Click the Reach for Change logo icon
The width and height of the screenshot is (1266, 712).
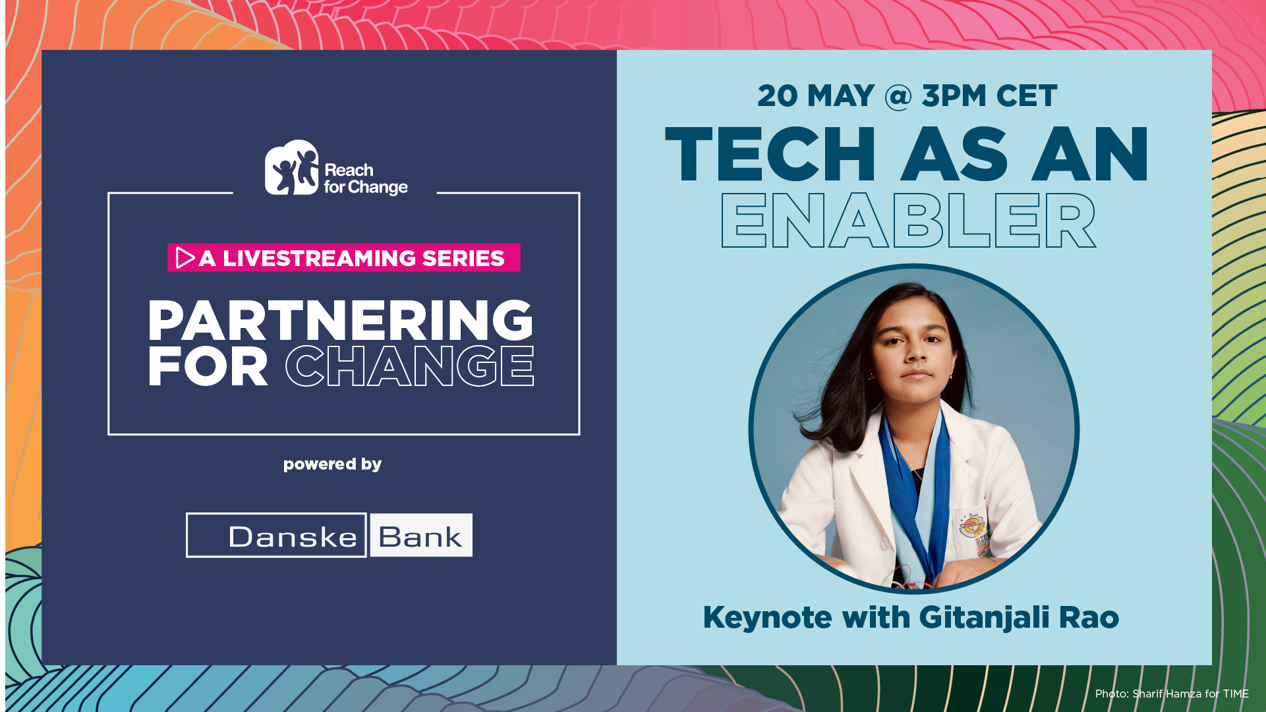(291, 167)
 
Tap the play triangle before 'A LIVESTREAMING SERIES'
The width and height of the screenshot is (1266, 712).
(185, 258)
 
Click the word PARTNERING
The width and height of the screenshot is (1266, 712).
(340, 320)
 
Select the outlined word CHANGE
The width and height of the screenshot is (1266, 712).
(409, 366)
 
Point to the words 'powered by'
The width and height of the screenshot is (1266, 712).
(332, 464)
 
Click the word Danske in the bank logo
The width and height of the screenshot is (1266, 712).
(293, 537)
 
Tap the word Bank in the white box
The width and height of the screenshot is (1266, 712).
(420, 537)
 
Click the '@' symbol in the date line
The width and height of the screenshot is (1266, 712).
(898, 96)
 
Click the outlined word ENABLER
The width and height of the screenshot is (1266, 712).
(908, 221)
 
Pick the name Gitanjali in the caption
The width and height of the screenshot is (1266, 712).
(984, 618)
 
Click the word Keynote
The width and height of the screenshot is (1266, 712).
(767, 618)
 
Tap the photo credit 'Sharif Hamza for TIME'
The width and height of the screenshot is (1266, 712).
(1190, 694)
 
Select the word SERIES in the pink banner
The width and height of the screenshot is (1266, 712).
(463, 258)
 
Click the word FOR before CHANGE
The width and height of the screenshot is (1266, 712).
(208, 366)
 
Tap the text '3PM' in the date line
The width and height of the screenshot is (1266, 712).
(955, 96)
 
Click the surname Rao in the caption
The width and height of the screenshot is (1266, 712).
(1089, 618)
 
